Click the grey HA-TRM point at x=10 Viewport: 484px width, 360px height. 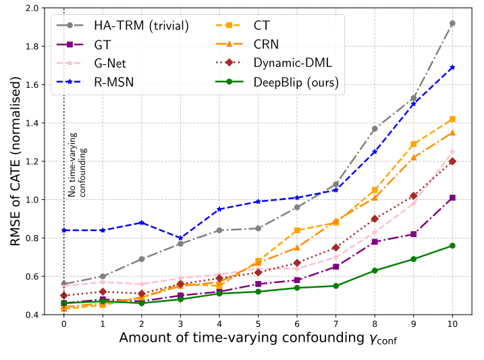point(452,23)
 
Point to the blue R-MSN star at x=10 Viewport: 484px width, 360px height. point(452,68)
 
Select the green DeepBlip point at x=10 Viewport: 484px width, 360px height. point(452,245)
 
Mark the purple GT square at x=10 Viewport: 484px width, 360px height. point(452,197)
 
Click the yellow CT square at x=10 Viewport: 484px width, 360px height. point(452,119)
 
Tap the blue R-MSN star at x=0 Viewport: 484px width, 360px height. point(63,230)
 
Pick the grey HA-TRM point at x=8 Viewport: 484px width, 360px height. point(375,128)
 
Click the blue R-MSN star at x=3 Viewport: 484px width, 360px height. point(180,238)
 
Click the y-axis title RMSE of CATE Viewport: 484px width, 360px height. point(15,161)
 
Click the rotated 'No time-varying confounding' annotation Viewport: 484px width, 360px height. point(78,165)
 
